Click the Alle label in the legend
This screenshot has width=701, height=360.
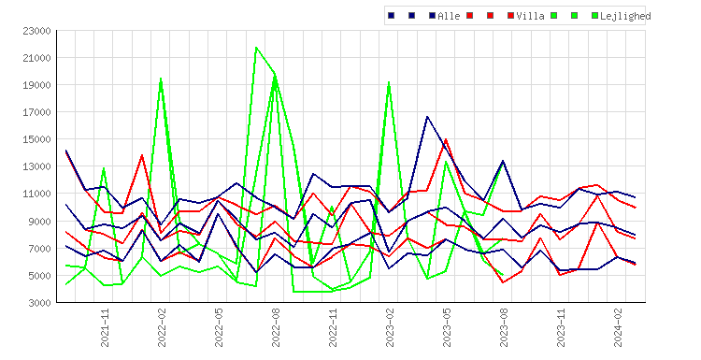tap(449, 16)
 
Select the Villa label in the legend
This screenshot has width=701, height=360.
tap(530, 16)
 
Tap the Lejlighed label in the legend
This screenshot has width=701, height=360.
tap(625, 16)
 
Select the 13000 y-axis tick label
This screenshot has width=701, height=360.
tap(36, 166)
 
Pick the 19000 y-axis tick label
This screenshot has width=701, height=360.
tap(36, 85)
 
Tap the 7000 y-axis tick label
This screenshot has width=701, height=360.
tap(39, 249)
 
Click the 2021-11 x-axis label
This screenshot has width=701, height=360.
tap(105, 328)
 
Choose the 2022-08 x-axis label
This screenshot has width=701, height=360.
tap(276, 328)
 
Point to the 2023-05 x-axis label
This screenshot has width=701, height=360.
tap(447, 328)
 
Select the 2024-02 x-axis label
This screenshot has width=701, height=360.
tap(619, 328)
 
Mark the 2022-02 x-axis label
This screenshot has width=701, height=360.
tap(162, 328)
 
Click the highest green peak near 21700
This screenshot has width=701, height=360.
tap(256, 48)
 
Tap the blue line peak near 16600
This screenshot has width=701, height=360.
tap(427, 117)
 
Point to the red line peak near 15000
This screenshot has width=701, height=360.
tap(446, 139)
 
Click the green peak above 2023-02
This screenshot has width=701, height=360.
tap(389, 82)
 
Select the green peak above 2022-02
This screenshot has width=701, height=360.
tap(161, 79)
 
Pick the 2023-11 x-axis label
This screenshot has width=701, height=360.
tap(561, 328)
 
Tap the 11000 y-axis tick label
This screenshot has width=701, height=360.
tap(36, 194)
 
